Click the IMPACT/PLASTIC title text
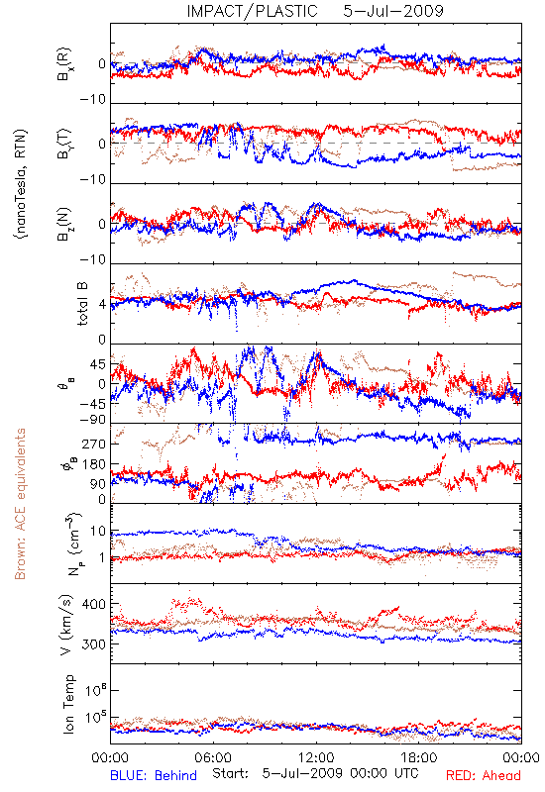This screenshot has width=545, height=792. pyautogui.click(x=252, y=11)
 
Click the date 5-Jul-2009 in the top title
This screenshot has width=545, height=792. pyautogui.click(x=392, y=11)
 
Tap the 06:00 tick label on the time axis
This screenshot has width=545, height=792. pyautogui.click(x=213, y=757)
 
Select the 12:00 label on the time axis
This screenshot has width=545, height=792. pyautogui.click(x=316, y=757)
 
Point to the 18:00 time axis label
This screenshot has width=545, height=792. pyautogui.click(x=418, y=757)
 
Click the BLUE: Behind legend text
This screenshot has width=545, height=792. pyautogui.click(x=154, y=775)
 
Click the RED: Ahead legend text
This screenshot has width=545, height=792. pyautogui.click(x=483, y=775)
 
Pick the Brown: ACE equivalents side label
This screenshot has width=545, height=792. pyautogui.click(x=20, y=504)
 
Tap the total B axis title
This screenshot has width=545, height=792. pyautogui.click(x=82, y=304)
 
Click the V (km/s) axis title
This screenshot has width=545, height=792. pyautogui.click(x=66, y=625)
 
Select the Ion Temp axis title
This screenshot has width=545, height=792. pyautogui.click(x=68, y=704)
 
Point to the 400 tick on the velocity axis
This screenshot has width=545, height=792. pyautogui.click(x=93, y=604)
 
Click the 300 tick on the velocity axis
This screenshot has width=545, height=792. pyautogui.click(x=93, y=644)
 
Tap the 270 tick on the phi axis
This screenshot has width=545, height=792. pyautogui.click(x=94, y=444)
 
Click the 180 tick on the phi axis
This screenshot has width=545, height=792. pyautogui.click(x=94, y=464)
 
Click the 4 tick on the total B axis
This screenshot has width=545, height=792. pyautogui.click(x=103, y=304)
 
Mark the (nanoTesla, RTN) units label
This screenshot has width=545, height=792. pyautogui.click(x=21, y=184)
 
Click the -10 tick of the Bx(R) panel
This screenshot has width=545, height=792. pyautogui.click(x=93, y=100)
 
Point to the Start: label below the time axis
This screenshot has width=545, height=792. pyautogui.click(x=231, y=773)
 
